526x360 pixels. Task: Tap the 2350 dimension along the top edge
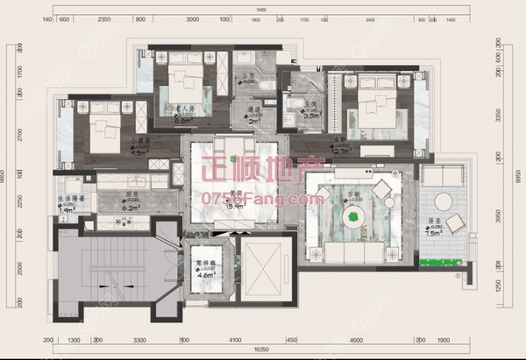(x=103, y=18)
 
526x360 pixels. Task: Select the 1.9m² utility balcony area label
(x=68, y=210)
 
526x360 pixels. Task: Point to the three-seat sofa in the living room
(x=349, y=251)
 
